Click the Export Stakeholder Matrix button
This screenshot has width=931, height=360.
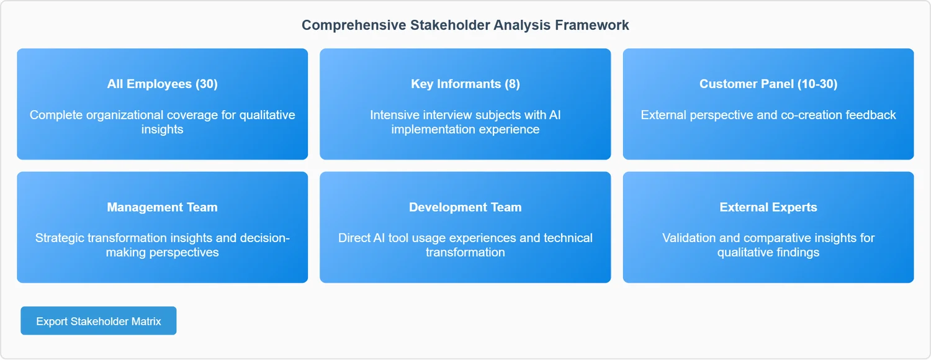[x=99, y=320]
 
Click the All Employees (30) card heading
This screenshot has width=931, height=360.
[x=163, y=84]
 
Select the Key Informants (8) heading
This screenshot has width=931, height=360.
[x=465, y=84]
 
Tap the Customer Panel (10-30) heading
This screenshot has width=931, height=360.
[x=768, y=84]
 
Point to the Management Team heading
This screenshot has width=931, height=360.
[x=163, y=207]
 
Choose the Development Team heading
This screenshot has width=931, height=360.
[x=465, y=207]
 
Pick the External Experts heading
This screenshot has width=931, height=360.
[x=768, y=207]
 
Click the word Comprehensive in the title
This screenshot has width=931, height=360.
[x=354, y=25]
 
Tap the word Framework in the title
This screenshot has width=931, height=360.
[x=592, y=25]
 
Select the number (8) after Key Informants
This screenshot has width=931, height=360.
[x=512, y=84]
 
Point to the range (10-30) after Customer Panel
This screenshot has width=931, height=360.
[x=817, y=84]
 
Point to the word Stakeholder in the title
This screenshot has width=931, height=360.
[x=450, y=25]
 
